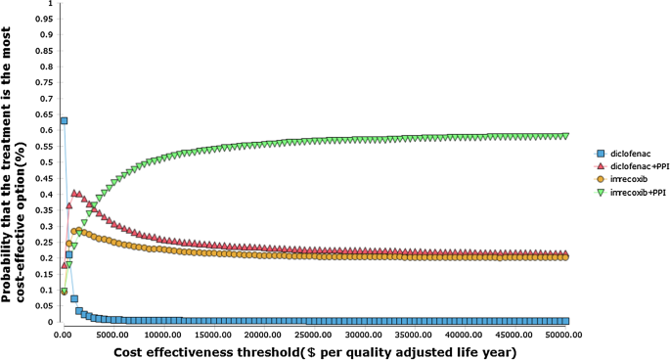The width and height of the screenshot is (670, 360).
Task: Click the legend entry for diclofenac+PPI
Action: (632, 165)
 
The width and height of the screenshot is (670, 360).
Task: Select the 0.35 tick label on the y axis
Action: (44, 210)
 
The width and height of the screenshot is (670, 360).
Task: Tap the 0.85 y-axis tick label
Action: (44, 51)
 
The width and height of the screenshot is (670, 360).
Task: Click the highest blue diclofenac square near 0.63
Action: (64, 120)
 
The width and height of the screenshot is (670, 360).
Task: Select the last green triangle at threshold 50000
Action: (564, 136)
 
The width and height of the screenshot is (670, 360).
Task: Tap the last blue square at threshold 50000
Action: (564, 320)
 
